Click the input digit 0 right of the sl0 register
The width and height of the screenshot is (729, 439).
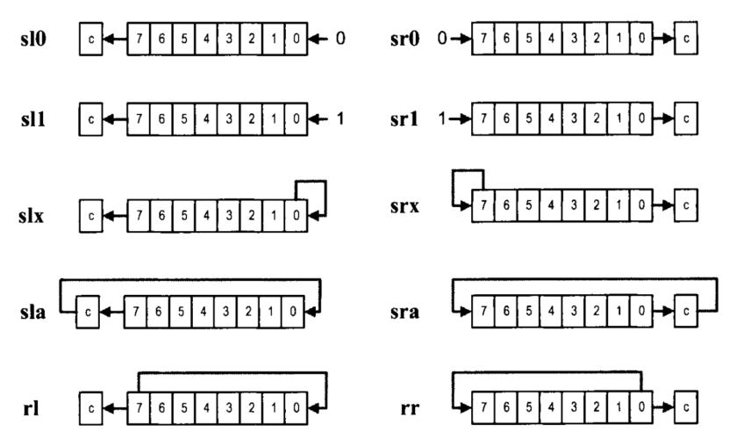point(340,40)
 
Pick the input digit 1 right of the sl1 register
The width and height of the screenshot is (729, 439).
point(340,117)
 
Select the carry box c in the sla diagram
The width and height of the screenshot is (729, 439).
point(88,311)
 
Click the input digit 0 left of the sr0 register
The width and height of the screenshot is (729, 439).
point(443,40)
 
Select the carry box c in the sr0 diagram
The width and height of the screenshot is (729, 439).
point(688,40)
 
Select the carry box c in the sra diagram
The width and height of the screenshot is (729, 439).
point(688,311)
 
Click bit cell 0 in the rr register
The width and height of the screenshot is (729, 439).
point(642,408)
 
